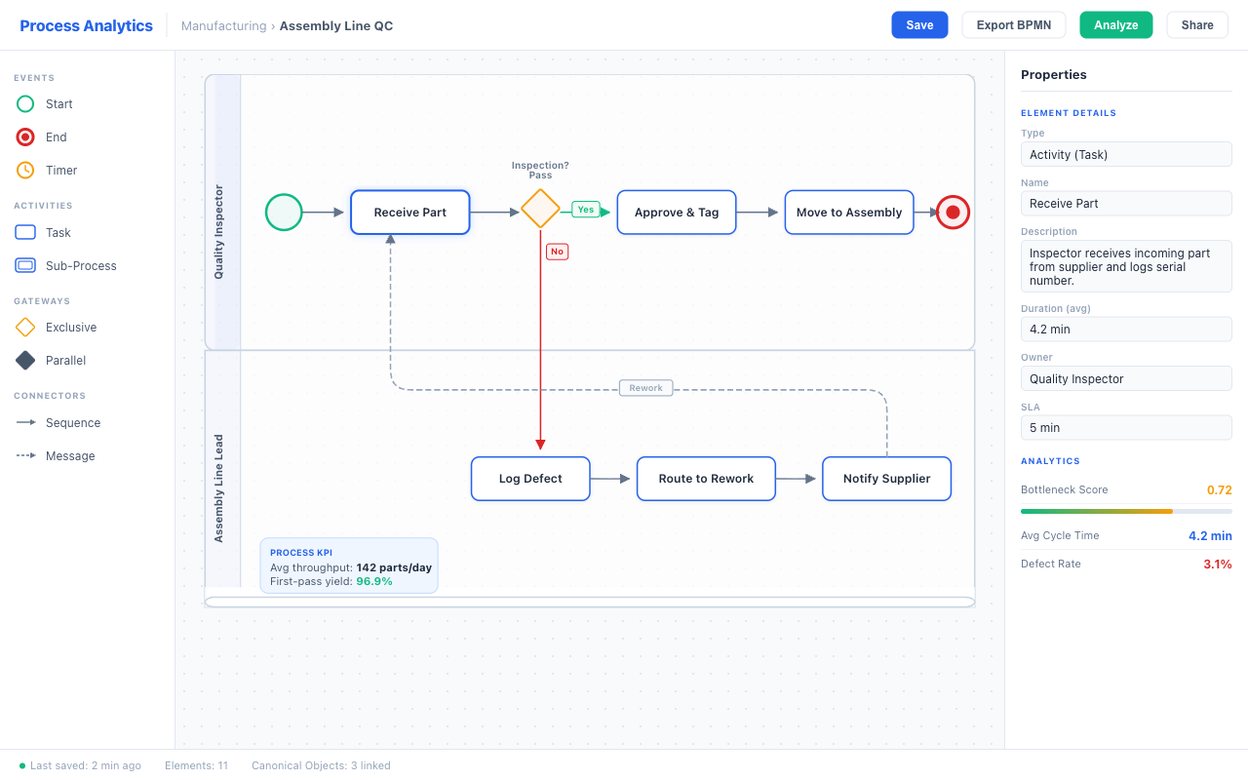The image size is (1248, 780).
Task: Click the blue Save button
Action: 919,25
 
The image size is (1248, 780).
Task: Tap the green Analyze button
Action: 1115,25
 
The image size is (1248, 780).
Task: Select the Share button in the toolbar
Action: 1197,25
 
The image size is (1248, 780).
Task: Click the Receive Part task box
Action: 409,213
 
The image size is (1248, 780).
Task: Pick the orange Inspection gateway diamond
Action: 540,209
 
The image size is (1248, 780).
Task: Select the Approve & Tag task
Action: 677,213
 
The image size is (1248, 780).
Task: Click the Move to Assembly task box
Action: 848,213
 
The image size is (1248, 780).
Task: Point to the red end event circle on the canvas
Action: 953,213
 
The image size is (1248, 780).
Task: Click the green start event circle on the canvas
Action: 284,213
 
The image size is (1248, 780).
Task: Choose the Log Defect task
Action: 530,479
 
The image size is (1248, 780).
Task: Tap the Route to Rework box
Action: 706,479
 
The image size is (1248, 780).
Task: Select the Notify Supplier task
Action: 886,479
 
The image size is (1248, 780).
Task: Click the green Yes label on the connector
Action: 585,210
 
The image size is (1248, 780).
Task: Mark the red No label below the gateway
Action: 557,252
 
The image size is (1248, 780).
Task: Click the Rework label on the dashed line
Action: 645,388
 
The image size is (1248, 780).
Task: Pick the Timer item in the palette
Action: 60,171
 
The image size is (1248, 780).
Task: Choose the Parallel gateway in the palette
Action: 65,361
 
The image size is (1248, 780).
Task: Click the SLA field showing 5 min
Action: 1126,428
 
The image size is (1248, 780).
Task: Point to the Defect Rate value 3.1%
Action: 1217,565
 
